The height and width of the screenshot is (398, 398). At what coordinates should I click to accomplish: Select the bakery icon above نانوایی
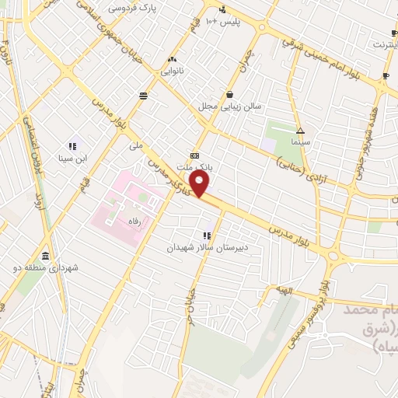(x=171, y=58)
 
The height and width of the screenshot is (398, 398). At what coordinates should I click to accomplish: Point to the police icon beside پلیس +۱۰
(x=223, y=10)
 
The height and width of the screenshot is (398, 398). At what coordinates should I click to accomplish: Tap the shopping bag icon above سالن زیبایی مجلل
(x=229, y=94)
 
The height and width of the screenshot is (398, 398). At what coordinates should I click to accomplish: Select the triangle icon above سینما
(x=300, y=131)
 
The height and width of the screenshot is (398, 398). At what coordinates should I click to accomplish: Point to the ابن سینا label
(x=74, y=158)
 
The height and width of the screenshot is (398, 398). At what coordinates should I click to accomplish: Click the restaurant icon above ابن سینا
(x=74, y=146)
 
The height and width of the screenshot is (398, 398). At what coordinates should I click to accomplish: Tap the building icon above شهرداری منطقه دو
(x=45, y=257)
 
